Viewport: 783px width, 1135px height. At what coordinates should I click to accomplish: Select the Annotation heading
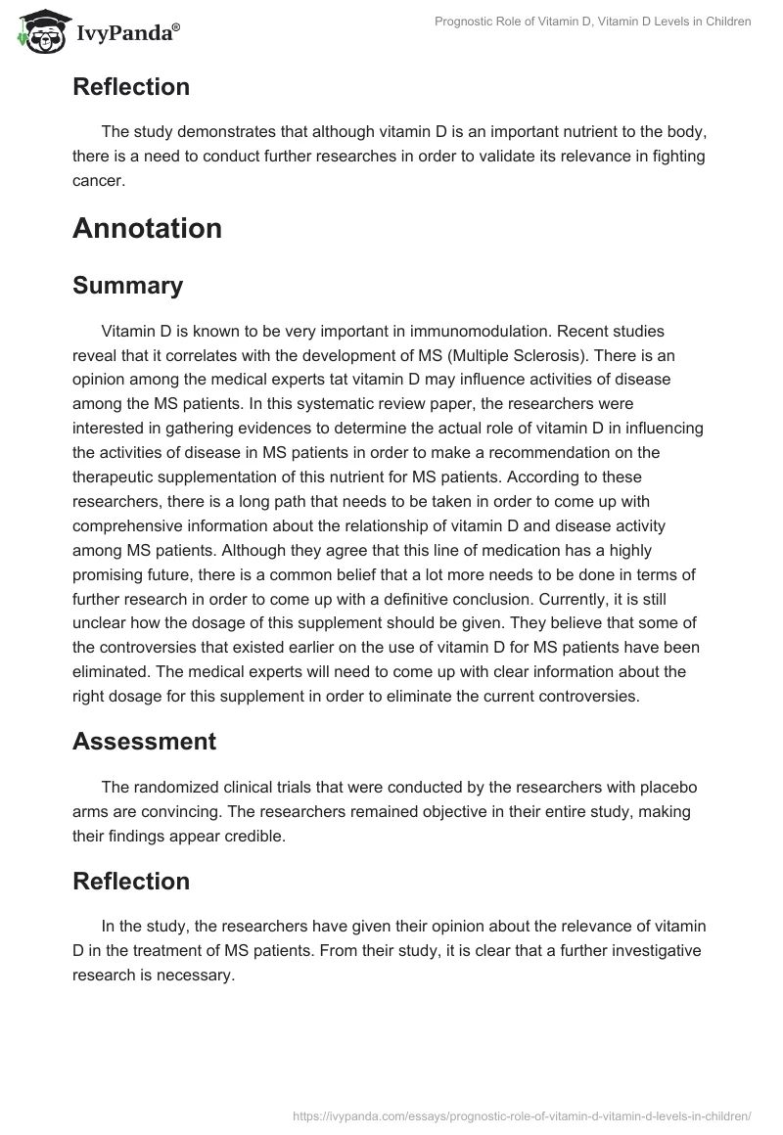point(147,228)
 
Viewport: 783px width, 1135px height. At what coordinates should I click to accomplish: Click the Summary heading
point(127,286)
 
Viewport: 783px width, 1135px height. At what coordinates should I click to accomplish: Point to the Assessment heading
point(144,742)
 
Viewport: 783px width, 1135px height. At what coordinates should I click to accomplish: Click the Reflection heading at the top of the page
point(131,86)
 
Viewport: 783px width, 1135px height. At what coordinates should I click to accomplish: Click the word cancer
point(97,180)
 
